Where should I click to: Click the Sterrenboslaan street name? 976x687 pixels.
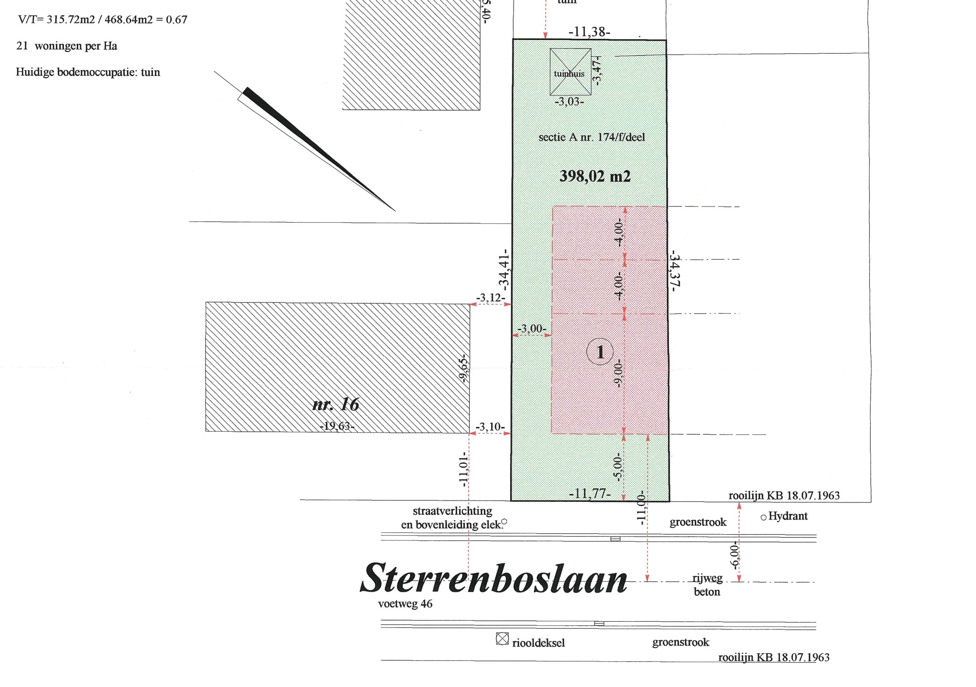[494, 579]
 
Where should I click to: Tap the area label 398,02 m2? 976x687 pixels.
[595, 177]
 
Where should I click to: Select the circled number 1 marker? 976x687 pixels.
[600, 352]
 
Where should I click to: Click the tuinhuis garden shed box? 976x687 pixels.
[570, 72]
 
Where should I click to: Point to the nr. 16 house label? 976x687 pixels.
[336, 405]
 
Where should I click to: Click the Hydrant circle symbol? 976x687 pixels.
[763, 517]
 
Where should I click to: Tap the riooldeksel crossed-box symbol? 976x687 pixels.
[502, 638]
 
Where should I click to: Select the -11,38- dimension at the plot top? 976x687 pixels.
[589, 32]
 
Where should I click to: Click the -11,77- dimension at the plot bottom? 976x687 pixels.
[590, 493]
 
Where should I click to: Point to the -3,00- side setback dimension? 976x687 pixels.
[532, 329]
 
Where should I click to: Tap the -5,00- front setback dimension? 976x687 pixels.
[617, 468]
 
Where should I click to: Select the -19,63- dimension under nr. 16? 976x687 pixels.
[338, 426]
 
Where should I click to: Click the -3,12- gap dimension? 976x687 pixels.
[491, 298]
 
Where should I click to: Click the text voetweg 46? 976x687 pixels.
[405, 604]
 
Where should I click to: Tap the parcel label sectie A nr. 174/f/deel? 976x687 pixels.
[592, 137]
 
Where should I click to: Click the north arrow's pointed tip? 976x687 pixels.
[395, 210]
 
